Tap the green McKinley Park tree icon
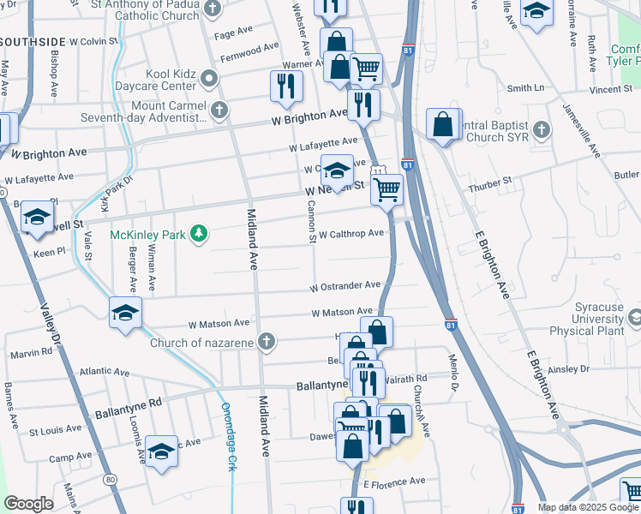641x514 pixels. pyautogui.click(x=199, y=234)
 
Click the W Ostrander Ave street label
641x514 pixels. pyautogui.click(x=345, y=285)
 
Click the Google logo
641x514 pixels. pyautogui.click(x=28, y=504)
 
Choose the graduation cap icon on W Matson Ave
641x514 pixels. pyautogui.click(x=125, y=312)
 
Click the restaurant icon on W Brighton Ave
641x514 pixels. pyautogui.click(x=363, y=105)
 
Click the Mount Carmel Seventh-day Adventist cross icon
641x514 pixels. pyautogui.click(x=220, y=110)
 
